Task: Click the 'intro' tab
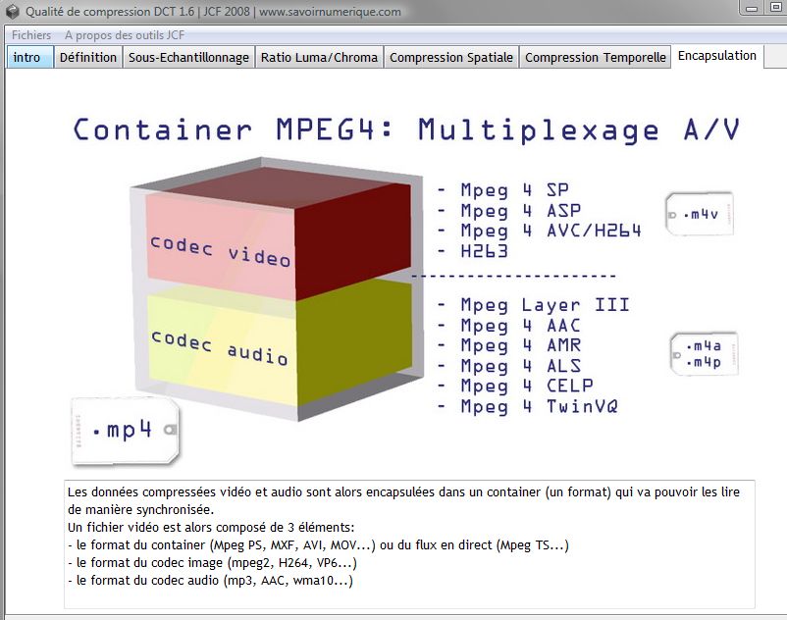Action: point(27,57)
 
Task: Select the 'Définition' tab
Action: point(88,57)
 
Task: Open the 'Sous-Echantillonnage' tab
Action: point(188,57)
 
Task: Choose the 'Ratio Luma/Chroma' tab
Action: point(319,57)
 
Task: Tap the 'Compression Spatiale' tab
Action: point(451,57)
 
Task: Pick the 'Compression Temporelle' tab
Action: point(596,57)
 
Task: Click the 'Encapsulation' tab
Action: point(717,56)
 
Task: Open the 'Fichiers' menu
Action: point(31,34)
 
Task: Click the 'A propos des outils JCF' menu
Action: point(125,34)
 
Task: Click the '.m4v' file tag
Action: point(700,213)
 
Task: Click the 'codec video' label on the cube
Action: point(221,251)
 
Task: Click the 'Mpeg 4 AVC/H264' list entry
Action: point(551,231)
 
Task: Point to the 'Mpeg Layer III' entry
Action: point(545,305)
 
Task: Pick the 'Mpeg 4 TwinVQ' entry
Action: point(539,406)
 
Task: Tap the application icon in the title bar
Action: point(12,12)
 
